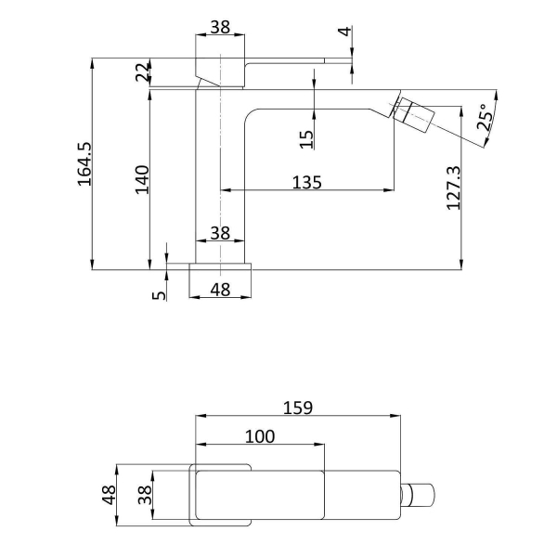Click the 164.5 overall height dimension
click(x=84, y=164)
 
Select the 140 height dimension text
click(x=142, y=180)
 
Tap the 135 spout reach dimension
click(x=307, y=183)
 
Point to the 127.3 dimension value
click(x=453, y=188)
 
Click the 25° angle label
click(x=485, y=117)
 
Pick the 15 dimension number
click(x=306, y=139)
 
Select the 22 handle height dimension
click(x=142, y=71)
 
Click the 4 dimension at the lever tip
click(x=344, y=32)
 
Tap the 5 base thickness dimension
click(x=159, y=295)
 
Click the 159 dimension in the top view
click(x=298, y=408)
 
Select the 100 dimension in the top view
click(x=260, y=436)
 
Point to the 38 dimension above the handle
click(x=220, y=27)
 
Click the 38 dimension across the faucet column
click(x=220, y=233)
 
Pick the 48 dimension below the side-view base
click(x=220, y=290)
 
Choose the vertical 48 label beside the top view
click(x=109, y=495)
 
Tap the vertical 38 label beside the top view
click(x=145, y=495)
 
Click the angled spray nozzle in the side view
click(x=413, y=113)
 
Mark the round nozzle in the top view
click(x=418, y=495)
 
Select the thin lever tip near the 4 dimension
click(x=338, y=60)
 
